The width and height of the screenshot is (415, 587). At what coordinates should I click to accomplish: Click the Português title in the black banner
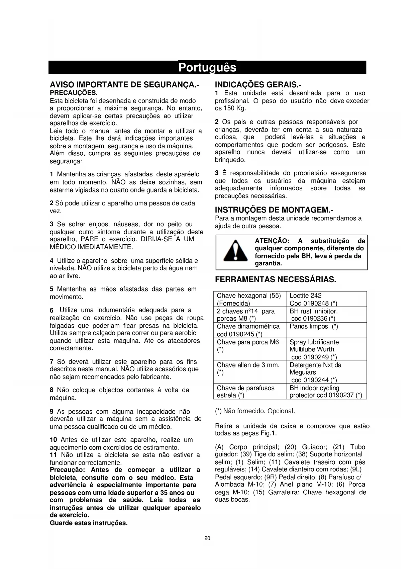[x=207, y=68]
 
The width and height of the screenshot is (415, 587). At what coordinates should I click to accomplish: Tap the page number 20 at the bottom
[x=207, y=538]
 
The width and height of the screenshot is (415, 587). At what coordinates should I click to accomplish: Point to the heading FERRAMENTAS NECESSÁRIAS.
[x=276, y=279]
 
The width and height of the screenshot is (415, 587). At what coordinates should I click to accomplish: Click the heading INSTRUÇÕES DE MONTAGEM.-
[x=274, y=210]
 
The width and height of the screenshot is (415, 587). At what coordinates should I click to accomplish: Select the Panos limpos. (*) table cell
[x=314, y=326]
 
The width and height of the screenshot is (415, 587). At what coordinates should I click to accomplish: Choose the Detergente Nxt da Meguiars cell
[x=315, y=369]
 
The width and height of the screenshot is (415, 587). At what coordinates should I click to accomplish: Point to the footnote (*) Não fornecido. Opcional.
[x=255, y=411]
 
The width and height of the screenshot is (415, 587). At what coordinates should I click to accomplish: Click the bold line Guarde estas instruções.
[x=89, y=523]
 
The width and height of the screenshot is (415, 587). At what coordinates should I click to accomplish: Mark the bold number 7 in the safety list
[x=51, y=362]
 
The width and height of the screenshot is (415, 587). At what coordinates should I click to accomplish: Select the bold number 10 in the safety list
[x=53, y=440]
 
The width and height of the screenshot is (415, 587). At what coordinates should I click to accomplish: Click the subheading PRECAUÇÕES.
[x=74, y=92]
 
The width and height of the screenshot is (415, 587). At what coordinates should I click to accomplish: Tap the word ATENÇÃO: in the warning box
[x=272, y=241]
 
